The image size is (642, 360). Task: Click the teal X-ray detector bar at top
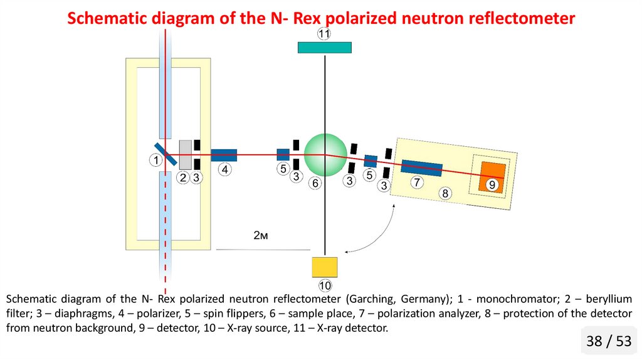click(324, 48)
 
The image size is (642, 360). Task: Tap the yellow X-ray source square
click(325, 267)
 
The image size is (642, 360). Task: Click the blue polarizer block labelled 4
click(224, 155)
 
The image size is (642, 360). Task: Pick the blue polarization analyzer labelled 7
click(421, 168)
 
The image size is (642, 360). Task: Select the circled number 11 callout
click(324, 34)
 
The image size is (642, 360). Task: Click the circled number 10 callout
click(325, 286)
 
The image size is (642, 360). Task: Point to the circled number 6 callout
click(315, 183)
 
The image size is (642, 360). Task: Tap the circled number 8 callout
click(445, 193)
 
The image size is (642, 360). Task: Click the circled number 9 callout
click(492, 184)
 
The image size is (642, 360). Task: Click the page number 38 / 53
click(608, 341)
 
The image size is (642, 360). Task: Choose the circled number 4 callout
click(225, 169)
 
